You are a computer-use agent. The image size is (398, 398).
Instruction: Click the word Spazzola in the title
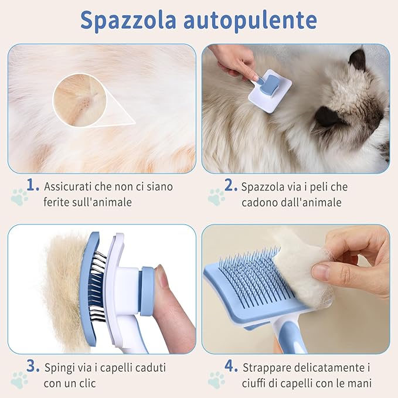point(127,19)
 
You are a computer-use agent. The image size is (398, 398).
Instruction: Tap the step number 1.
point(32,185)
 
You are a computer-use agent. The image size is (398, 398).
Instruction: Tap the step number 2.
point(230,185)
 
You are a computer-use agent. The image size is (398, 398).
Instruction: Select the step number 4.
point(230,366)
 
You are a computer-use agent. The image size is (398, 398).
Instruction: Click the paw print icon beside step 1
point(19,197)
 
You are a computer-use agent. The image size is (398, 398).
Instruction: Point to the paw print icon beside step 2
point(216,197)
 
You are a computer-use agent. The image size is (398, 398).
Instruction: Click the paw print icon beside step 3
point(19,380)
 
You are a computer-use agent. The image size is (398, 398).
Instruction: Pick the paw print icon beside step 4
point(216,380)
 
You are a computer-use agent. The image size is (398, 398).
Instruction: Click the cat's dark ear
point(357,59)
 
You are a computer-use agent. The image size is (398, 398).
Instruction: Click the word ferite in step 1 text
point(57,203)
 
